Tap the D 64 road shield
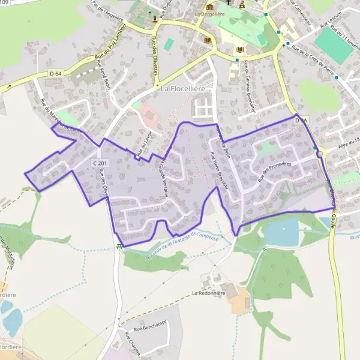tap(56, 73)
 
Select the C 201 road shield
tap(100, 163)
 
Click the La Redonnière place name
tap(208, 293)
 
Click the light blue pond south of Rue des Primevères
tap(281, 232)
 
